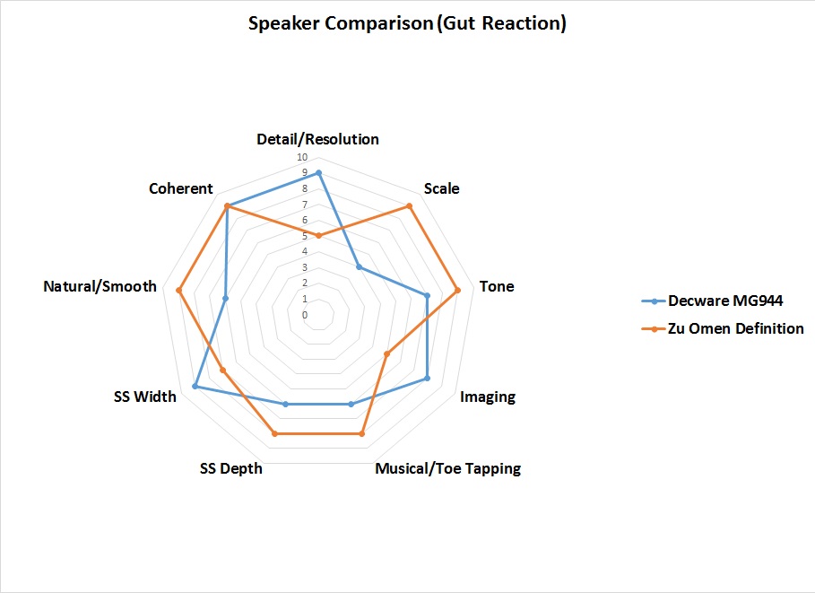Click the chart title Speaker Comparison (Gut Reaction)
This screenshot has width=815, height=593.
coord(407,24)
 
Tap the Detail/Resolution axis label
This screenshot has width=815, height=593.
coord(317,139)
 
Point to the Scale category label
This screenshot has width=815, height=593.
coord(441,188)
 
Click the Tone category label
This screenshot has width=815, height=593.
coord(497,287)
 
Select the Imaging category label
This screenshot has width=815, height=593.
coord(488,397)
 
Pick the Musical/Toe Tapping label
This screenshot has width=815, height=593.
coord(447,468)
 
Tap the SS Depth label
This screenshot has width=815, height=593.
coord(231,468)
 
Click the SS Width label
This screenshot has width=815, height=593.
coord(145,397)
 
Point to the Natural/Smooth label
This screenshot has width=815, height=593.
coord(100,287)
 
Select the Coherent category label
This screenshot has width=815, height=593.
coord(181,188)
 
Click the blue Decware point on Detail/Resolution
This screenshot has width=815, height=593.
coord(318,172)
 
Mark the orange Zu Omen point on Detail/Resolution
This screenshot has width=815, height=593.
coord(318,236)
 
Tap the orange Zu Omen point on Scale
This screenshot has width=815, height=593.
coord(410,206)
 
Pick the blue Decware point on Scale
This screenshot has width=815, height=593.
coord(359,267)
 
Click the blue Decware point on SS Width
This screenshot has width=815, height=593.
coord(195,387)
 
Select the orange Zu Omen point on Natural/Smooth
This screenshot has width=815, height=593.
coord(179,291)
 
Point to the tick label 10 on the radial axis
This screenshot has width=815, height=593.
coord(305,158)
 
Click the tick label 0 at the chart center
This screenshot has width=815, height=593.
coord(305,315)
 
